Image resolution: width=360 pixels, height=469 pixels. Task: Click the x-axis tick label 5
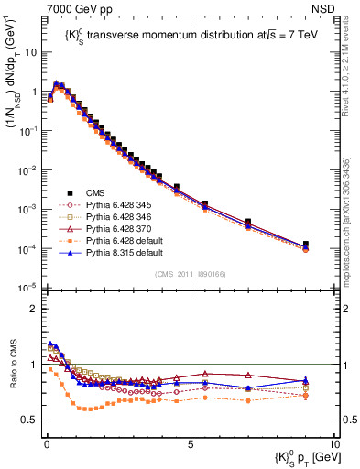pos(190,442)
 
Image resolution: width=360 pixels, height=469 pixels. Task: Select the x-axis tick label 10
pos(333,442)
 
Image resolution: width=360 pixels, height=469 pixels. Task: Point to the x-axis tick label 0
pos(46,442)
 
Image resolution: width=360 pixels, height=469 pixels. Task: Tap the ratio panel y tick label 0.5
pos(30,420)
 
